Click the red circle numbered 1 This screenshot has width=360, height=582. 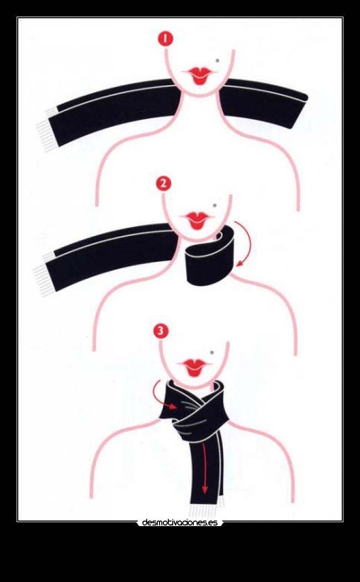tap(166, 39)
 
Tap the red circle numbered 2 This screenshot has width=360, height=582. tap(164, 183)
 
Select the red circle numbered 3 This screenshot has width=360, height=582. tap(161, 331)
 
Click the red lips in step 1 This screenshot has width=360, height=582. tap(199, 75)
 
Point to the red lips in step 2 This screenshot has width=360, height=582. tap(197, 220)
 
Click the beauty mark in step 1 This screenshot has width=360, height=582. tap(218, 60)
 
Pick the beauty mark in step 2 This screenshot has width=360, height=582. tap(214, 205)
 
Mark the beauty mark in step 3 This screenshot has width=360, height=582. tap(212, 352)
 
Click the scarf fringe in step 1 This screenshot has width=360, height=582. tap(47, 130)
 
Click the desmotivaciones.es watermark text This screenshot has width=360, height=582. tap(180, 523)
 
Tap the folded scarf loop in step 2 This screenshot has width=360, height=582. tap(210, 256)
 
